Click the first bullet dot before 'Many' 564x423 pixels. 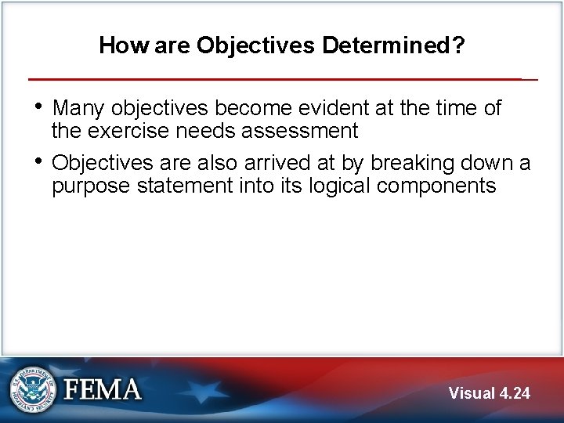tap(40, 107)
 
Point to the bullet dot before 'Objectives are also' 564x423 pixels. tap(40, 162)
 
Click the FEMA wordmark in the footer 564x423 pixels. tap(103, 390)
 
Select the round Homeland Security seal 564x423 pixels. tap(34, 389)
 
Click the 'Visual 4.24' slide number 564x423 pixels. tap(490, 393)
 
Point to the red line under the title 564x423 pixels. tap(274, 79)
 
